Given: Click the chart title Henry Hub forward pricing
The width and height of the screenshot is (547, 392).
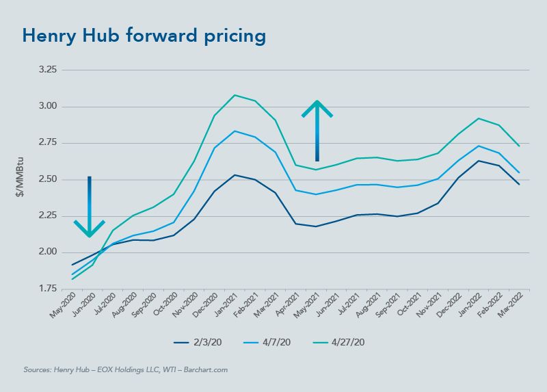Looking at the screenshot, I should (143, 36).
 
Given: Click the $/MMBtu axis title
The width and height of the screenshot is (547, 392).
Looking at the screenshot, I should (23, 180).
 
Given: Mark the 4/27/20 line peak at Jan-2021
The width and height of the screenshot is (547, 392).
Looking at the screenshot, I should (235, 95).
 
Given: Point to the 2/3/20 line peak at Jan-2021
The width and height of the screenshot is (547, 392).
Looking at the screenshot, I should (235, 175).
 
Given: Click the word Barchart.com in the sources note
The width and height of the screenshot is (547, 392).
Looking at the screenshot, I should (205, 369).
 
